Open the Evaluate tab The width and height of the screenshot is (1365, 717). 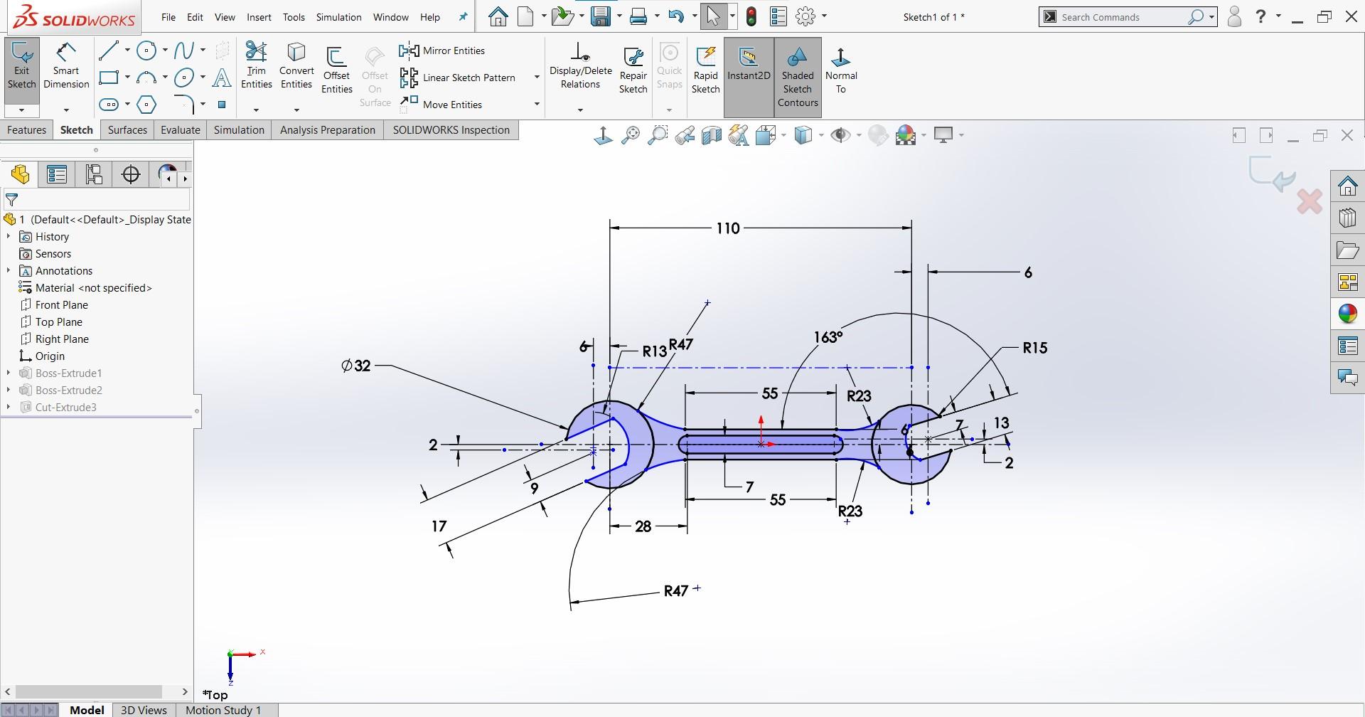(180, 130)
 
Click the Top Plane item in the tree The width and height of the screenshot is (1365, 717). (58, 322)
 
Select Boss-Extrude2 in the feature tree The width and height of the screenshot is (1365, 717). (68, 391)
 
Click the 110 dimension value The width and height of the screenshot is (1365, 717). (727, 228)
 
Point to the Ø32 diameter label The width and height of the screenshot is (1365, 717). (356, 366)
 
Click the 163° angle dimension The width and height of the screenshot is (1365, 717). (828, 337)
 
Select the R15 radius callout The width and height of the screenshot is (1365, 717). (1034, 348)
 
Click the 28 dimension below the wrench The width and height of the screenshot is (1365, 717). (643, 526)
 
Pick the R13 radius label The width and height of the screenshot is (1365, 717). (654, 351)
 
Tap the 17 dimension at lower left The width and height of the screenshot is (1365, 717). (439, 526)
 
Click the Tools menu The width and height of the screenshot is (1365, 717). (293, 17)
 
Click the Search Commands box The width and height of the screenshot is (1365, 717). (1120, 17)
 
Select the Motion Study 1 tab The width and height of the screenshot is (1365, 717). (223, 710)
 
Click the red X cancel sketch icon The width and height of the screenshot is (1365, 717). (1309, 202)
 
